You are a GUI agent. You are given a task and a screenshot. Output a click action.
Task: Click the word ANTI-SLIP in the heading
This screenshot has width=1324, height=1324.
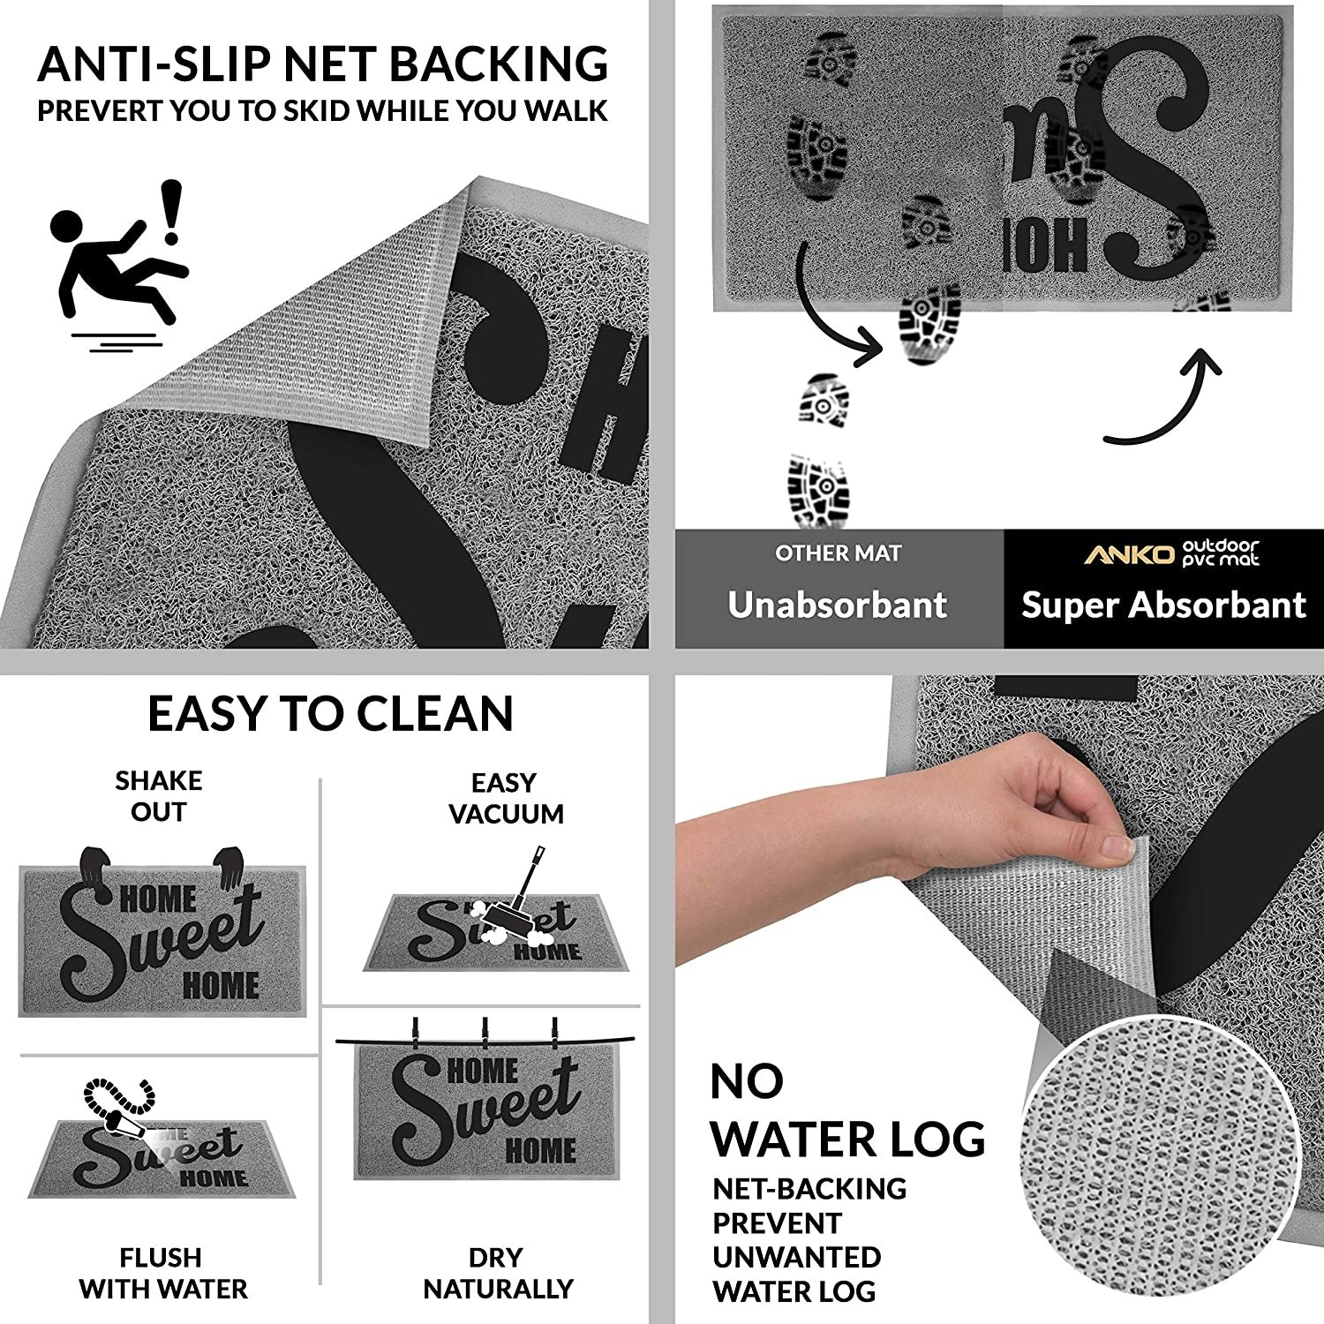coord(154,64)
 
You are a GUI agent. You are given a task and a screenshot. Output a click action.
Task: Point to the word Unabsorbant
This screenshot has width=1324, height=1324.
coord(837,605)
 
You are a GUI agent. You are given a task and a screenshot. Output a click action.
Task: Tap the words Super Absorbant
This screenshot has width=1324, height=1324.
coord(1162,605)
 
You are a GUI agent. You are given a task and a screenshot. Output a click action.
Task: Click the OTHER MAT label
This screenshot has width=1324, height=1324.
coord(838,553)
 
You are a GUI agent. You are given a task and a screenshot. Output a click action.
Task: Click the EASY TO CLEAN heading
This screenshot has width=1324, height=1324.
coord(330,714)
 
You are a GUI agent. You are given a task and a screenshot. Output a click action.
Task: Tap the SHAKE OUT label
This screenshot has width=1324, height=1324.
coord(159,795)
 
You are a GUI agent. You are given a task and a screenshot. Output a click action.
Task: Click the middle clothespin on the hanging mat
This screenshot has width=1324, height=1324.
coord(484,1033)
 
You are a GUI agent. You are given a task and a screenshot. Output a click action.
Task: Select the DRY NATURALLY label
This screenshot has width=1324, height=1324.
coord(498,1273)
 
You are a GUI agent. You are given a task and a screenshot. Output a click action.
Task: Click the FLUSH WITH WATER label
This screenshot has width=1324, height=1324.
coord(162,1273)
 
